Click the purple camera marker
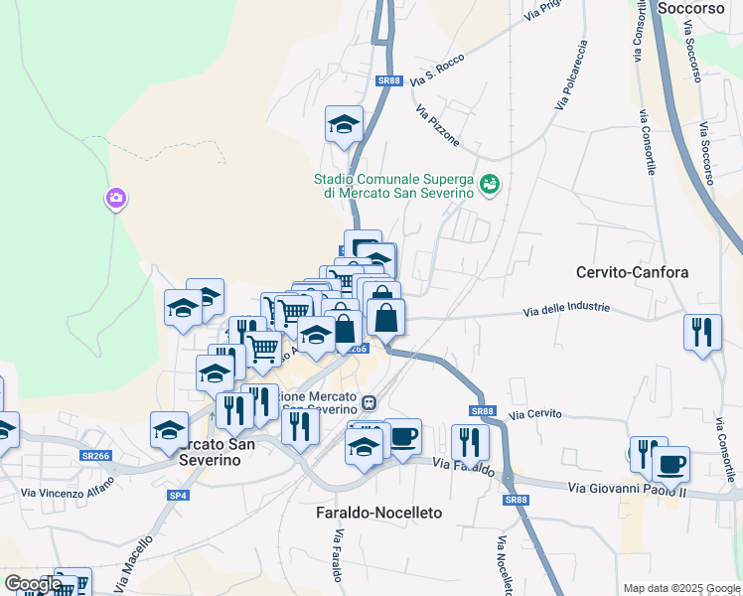click(115, 199)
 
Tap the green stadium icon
click(489, 185)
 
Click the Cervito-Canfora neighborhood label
click(632, 271)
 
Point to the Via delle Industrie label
click(567, 310)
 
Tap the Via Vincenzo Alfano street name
click(68, 487)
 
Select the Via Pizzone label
click(438, 126)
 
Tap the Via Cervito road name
click(535, 413)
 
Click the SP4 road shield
click(178, 495)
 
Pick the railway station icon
click(369, 403)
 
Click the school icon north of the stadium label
click(344, 124)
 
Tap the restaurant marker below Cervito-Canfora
click(702, 332)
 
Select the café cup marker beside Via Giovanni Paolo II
click(670, 463)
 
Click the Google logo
click(33, 584)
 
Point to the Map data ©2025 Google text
click(680, 588)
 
